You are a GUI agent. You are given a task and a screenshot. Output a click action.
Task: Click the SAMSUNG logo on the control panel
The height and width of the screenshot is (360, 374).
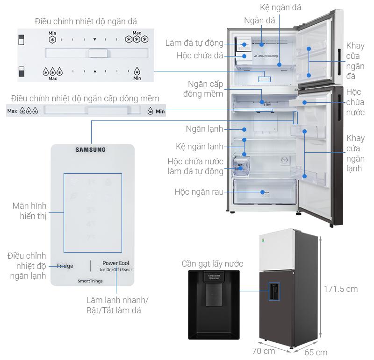click(91, 150)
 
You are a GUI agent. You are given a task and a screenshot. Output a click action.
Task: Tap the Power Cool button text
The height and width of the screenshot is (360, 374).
click(116, 263)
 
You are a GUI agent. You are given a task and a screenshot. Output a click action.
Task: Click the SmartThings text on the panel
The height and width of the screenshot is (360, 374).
click(91, 281)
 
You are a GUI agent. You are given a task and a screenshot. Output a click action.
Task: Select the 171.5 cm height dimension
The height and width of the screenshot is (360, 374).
click(341, 289)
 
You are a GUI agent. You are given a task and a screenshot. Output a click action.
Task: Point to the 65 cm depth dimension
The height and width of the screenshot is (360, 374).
click(316, 352)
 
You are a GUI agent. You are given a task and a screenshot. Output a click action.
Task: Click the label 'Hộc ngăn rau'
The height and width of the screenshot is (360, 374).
click(199, 192)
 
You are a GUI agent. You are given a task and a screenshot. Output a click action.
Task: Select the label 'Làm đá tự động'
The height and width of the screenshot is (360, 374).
click(194, 43)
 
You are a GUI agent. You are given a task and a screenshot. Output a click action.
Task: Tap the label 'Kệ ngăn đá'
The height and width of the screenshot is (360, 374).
click(280, 7)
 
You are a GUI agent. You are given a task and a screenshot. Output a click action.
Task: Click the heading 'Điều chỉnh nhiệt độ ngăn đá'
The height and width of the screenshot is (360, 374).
click(86, 21)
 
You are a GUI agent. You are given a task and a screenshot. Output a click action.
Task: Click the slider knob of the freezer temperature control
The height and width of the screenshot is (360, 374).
click(99, 53)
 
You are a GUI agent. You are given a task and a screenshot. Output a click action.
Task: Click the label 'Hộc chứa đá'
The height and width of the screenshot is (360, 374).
click(200, 56)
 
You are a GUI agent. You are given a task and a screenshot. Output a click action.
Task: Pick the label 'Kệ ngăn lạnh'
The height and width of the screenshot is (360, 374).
click(200, 147)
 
